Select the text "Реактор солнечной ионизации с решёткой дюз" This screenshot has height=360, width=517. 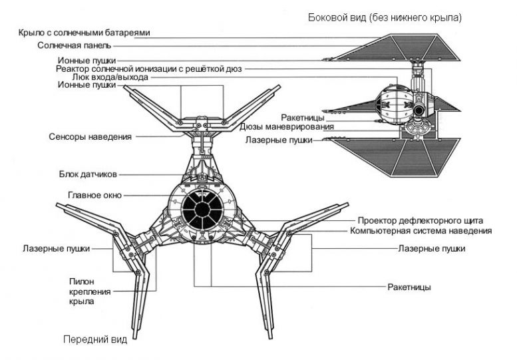149,69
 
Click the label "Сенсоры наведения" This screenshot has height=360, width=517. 90,136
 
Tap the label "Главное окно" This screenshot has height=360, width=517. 94,196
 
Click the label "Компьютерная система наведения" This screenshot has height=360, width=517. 421,231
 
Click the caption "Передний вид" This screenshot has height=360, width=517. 94,339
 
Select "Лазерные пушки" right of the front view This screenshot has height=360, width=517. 431,248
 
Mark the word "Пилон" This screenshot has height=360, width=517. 81,281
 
